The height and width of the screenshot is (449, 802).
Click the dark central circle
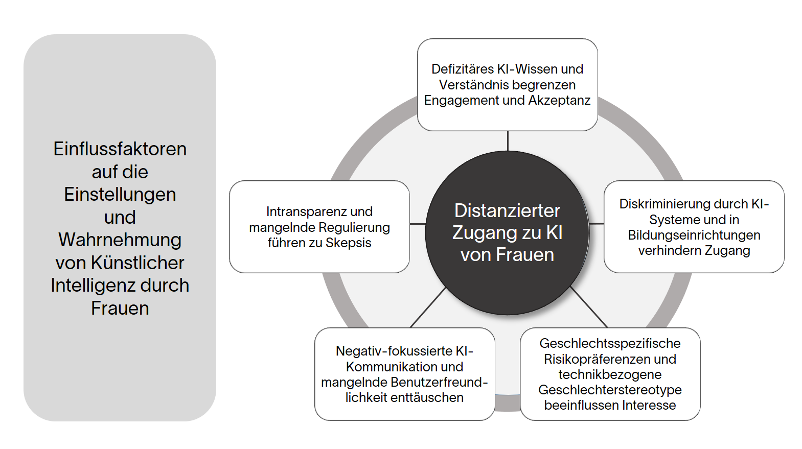tap(507, 286)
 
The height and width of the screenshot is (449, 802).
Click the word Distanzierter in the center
tap(507, 210)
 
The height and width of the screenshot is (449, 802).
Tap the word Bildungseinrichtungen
tap(694, 235)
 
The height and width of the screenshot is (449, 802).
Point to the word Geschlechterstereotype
tap(610, 390)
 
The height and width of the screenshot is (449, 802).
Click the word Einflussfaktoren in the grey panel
tap(120, 149)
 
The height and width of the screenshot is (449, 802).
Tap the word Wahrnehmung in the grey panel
tap(120, 240)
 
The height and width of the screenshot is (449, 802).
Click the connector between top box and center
tap(508, 141)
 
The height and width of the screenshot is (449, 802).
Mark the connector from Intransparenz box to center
tap(417, 224)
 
